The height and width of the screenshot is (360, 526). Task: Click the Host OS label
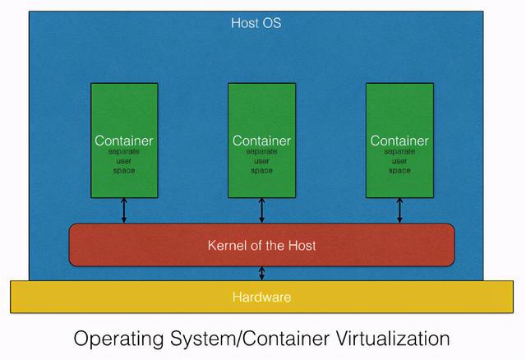pos(256,23)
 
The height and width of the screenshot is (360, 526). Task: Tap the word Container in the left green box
pos(123,141)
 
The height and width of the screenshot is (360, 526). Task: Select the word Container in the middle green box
pos(261,141)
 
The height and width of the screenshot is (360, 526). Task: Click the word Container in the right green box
pos(399,141)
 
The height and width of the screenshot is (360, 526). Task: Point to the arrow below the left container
pos(123,210)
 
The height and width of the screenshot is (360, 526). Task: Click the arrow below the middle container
pos(261,210)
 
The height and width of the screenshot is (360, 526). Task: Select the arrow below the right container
pos(399,210)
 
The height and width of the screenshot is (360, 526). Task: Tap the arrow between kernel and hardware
pos(261,274)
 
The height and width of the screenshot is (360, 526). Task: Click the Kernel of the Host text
pos(261,245)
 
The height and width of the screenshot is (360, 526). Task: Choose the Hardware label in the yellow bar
pos(261,297)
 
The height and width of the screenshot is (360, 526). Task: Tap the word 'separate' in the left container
pos(123,153)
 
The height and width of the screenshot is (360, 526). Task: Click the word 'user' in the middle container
pos(261,162)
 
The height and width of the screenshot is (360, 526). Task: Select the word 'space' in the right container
pos(399,171)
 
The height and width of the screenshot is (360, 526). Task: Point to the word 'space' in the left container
pos(123,171)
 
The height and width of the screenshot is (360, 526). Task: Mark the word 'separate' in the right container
pos(399,153)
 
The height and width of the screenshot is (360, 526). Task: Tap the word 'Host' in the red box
pos(300,245)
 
